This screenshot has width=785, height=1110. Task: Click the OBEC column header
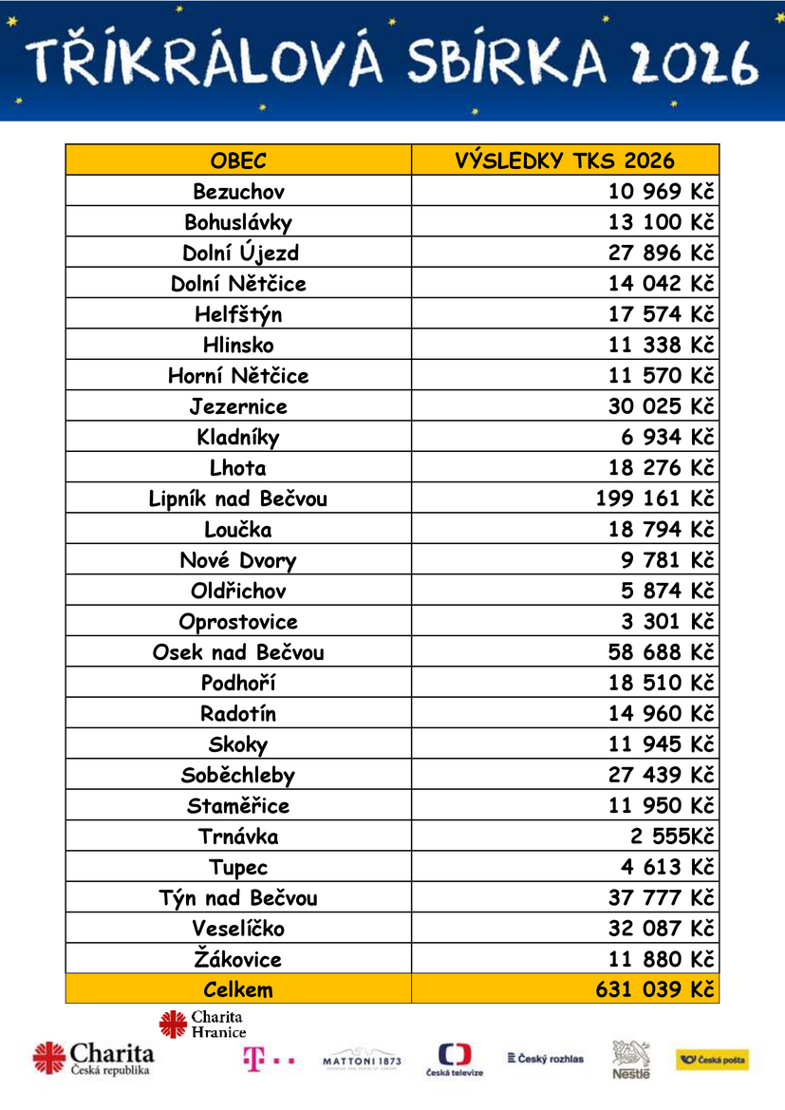pyautogui.click(x=238, y=160)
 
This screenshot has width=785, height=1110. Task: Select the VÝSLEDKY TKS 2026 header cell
pyautogui.click(x=565, y=160)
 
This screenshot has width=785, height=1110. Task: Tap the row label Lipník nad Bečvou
pyautogui.click(x=238, y=499)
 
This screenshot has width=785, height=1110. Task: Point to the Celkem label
pyautogui.click(x=238, y=989)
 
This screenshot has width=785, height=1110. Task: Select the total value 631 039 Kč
pyautogui.click(x=655, y=989)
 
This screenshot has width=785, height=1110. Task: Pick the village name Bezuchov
pyautogui.click(x=238, y=192)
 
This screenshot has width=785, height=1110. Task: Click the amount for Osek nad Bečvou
pyautogui.click(x=661, y=652)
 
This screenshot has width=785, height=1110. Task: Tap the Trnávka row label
pyautogui.click(x=238, y=837)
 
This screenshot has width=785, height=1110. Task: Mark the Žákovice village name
pyautogui.click(x=238, y=959)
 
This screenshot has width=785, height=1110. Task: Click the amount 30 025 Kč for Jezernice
pyautogui.click(x=661, y=406)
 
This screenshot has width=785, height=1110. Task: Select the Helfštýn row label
pyautogui.click(x=238, y=314)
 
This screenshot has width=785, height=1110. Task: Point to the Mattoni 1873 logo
pyautogui.click(x=362, y=1061)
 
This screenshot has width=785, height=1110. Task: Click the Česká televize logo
pyautogui.click(x=455, y=1059)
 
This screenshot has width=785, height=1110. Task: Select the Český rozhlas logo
pyautogui.click(x=546, y=1058)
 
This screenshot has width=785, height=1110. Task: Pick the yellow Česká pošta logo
pyautogui.click(x=712, y=1060)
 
